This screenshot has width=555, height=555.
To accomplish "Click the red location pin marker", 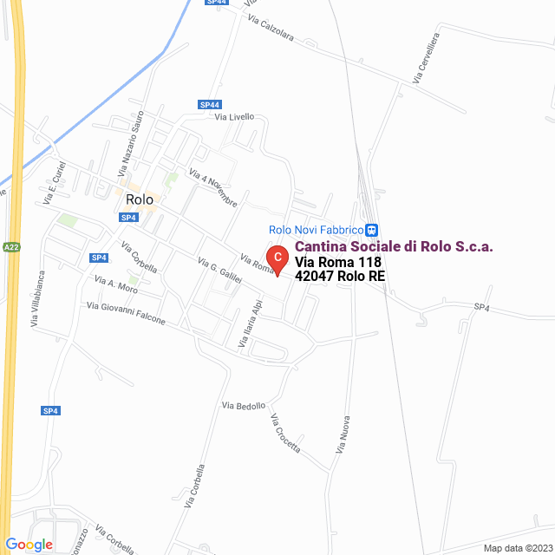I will pyautogui.click(x=276, y=258).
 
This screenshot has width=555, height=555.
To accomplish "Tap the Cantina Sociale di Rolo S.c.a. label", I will pyautogui.click(x=394, y=246).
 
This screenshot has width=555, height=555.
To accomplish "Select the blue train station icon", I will pyautogui.click(x=371, y=230).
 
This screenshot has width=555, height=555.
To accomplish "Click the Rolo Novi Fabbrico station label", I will pyautogui.click(x=315, y=230).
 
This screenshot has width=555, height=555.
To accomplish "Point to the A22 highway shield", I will pyautogui.click(x=10, y=247).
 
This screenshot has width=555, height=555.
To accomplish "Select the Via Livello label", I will pyautogui.click(x=234, y=117).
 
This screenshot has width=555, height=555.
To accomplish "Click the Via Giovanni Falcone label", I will pyautogui.click(x=126, y=313).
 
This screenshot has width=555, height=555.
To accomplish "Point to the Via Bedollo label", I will pyautogui.click(x=244, y=406).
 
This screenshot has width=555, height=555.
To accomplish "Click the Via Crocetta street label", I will pyautogui.click(x=285, y=434).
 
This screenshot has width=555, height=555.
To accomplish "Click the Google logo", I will pyautogui.click(x=29, y=545).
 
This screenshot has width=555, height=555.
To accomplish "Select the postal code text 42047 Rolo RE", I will pyautogui.click(x=340, y=277).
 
